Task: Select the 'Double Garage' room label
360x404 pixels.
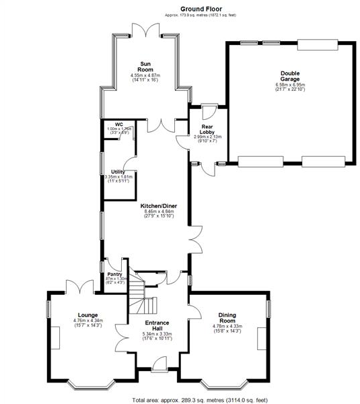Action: click(x=289, y=77)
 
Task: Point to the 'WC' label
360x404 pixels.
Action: click(x=118, y=125)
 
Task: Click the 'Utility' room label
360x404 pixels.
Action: click(x=118, y=172)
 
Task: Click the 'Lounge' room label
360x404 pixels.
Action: click(x=87, y=315)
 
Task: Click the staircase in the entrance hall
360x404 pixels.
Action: click(x=139, y=296)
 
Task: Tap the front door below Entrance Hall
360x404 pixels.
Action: click(x=159, y=366)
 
